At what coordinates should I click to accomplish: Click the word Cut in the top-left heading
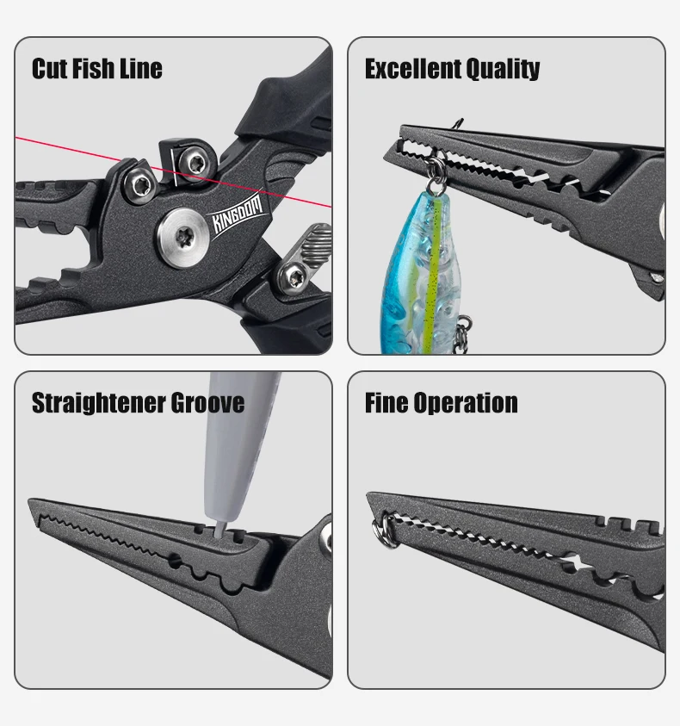(x=50, y=69)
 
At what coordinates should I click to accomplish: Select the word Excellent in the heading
(x=411, y=69)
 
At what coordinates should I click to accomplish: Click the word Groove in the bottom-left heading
(x=208, y=403)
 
